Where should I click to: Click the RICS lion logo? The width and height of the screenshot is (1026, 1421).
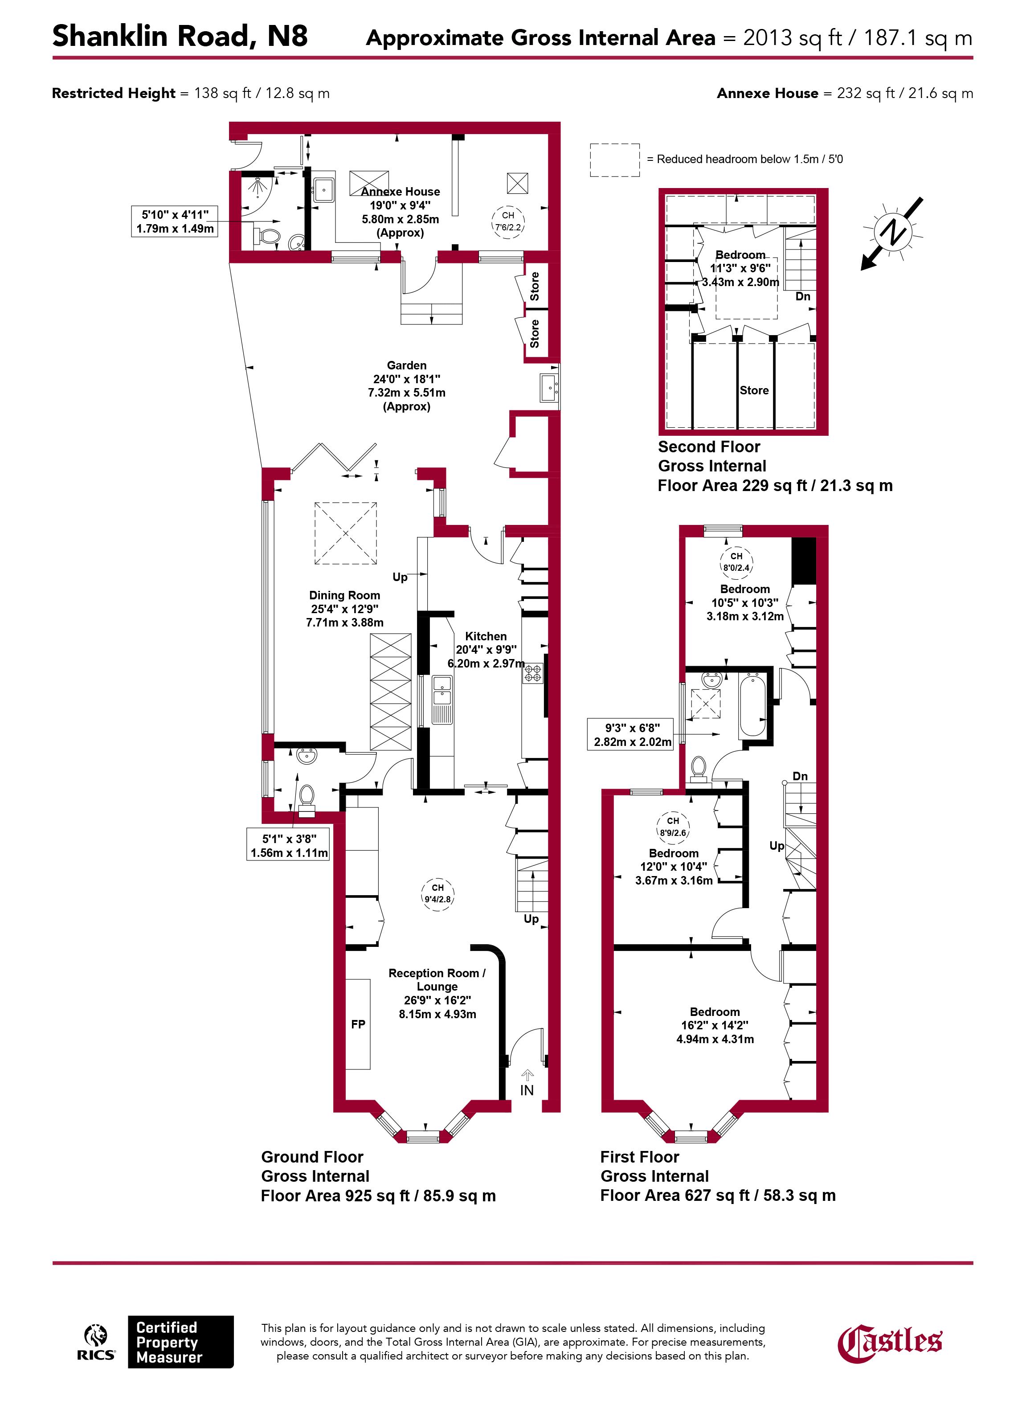[96, 1342]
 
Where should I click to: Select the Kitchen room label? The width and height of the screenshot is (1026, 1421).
[486, 636]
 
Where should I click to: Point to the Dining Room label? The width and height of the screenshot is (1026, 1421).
[344, 595]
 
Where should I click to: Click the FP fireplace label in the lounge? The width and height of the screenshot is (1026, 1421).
[358, 1024]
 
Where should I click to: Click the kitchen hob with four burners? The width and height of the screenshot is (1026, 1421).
[533, 674]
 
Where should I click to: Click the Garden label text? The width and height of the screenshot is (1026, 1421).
[406, 365]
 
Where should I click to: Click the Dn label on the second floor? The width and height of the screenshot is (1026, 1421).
[803, 296]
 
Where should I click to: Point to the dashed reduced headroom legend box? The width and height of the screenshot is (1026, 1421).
[614, 160]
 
